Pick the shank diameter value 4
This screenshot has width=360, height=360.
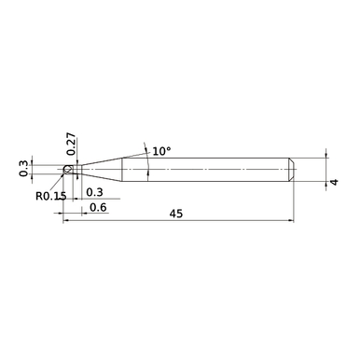332,183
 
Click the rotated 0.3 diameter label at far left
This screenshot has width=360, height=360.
24,169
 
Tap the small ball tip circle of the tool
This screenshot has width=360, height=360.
67,170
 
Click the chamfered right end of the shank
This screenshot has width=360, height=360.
293,170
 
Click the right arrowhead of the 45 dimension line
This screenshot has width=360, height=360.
292,222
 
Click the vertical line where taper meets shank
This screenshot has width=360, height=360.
122,170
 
